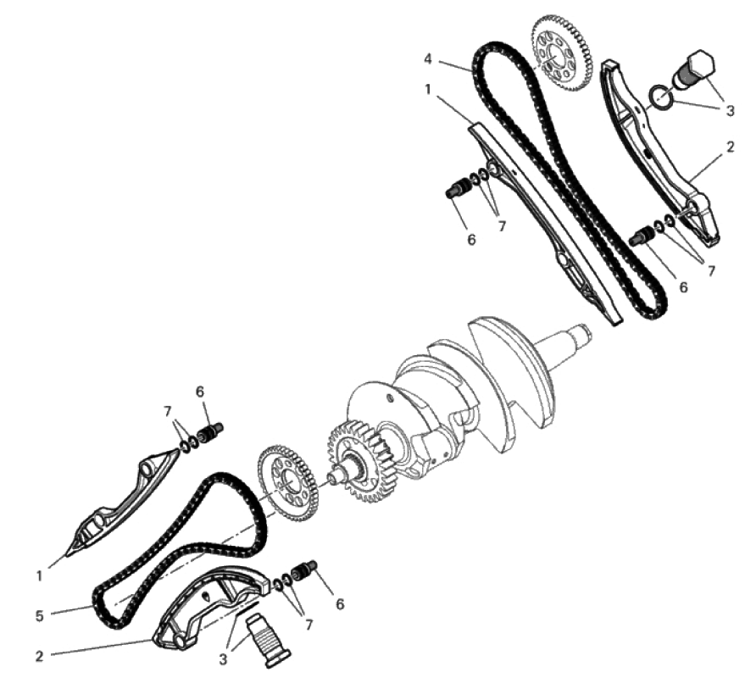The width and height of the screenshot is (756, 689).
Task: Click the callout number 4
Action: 428,59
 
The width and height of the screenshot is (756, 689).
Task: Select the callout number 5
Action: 40,616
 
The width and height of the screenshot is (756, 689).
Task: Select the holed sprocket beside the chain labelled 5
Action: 288,484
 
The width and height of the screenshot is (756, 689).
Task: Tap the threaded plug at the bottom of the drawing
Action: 267,639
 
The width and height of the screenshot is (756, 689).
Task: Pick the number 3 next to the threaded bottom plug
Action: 223,659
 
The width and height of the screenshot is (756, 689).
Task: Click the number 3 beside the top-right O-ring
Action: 730,110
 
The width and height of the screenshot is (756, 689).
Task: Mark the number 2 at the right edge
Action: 730,147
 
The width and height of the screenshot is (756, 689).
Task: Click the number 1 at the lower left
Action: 40,575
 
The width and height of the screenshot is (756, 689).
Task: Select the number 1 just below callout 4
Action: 428,89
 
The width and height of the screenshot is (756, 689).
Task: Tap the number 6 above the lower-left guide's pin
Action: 200,392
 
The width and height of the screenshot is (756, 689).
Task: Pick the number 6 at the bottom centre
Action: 340,603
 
